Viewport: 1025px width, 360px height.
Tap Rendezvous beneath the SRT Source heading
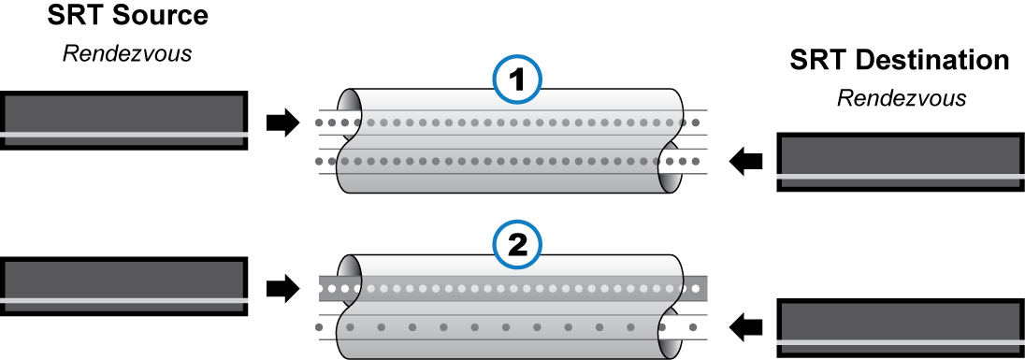pos(126,52)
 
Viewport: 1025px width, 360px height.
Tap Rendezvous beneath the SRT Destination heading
pos(902,97)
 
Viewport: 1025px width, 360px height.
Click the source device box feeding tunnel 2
pos(124,290)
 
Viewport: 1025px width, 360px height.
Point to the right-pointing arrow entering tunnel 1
pos(282,122)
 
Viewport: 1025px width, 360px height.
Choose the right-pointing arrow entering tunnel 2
pos(282,287)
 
